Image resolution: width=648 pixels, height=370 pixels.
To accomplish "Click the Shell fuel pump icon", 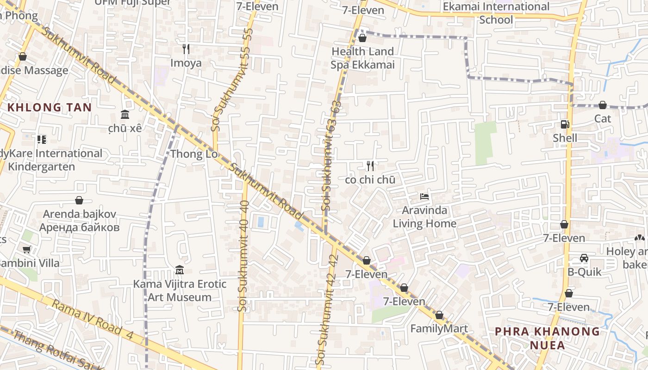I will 565,124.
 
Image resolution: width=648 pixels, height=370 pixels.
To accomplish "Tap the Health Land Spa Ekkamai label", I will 362,58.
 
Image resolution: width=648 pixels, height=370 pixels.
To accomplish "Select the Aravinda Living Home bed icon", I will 424,197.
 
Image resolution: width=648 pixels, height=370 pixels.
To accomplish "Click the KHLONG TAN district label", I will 50,107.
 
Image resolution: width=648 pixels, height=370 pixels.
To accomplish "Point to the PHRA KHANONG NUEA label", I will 548,338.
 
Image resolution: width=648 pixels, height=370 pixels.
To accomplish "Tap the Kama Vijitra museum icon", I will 180,270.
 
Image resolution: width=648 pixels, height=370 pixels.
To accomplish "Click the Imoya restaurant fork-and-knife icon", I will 186,49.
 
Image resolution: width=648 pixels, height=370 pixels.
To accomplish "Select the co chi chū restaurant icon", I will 370,166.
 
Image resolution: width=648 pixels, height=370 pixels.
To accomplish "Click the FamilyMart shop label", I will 439,329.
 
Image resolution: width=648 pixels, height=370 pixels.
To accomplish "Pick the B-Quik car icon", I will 584,258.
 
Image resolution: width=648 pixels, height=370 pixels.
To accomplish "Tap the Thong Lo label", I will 194,154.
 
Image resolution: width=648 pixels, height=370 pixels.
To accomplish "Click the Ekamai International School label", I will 496,13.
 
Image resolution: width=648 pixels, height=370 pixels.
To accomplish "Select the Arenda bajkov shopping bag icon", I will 79,200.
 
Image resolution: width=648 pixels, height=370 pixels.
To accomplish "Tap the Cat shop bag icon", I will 603,105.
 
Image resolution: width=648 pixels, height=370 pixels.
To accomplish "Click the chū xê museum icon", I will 125,114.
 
